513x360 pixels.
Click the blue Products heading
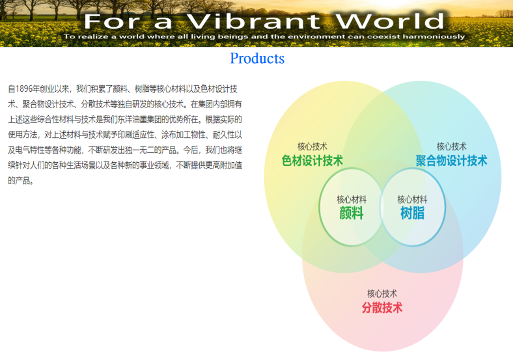[x=257, y=58]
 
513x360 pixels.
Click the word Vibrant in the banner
[x=253, y=21]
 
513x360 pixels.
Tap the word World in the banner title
[x=390, y=21]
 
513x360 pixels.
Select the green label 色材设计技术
[x=312, y=161]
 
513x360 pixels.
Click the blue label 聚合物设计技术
[x=451, y=161]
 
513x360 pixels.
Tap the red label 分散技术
[x=382, y=308]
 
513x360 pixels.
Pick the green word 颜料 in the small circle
[x=352, y=213]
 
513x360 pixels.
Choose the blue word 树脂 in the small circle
[x=412, y=213]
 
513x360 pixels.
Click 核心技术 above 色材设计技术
[x=312, y=146]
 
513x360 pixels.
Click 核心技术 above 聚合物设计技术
[x=451, y=146]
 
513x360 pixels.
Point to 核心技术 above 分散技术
[x=382, y=293]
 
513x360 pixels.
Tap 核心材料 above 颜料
[x=352, y=199]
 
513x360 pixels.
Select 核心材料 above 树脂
[x=412, y=199]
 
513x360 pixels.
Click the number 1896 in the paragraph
[x=23, y=89]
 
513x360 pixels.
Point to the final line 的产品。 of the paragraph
[x=21, y=181]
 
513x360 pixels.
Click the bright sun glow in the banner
[x=389, y=4]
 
